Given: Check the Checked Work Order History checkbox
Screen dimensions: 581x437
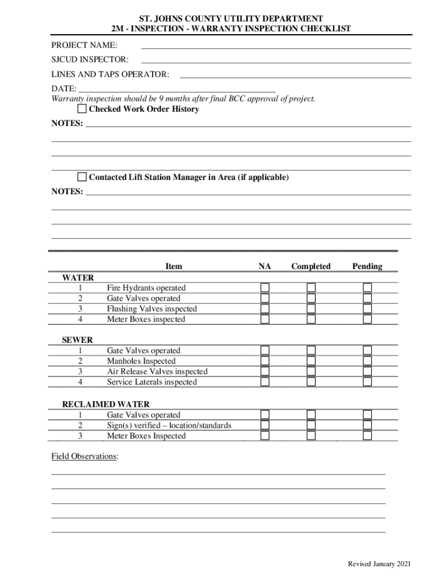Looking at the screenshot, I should coord(82,109).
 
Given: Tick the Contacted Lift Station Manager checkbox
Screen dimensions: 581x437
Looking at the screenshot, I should coord(82,177).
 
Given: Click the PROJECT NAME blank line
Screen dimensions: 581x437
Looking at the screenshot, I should coord(276,44).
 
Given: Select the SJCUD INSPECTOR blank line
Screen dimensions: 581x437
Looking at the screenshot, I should coord(276,59).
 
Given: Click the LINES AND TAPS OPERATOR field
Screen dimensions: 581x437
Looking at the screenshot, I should coord(295,74).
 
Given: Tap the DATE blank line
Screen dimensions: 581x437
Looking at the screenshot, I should coord(177,89).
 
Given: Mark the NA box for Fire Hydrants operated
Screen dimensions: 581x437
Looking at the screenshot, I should coord(265,288).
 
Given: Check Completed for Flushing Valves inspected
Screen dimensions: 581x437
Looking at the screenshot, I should coord(311,309).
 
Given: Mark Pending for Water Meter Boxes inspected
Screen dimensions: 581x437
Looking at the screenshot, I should coord(367,319).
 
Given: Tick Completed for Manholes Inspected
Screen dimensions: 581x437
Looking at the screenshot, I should coord(311,361).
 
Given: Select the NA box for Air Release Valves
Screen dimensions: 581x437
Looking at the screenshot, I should coord(265,372).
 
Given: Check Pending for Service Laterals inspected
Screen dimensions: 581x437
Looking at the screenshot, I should coord(367,382).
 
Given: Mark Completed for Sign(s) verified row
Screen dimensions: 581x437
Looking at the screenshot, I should coord(311,426).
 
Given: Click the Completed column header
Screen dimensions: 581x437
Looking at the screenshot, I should coord(311,266).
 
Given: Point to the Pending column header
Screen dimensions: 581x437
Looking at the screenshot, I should coord(367,266).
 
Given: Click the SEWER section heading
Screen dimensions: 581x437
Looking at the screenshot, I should coord(77,340).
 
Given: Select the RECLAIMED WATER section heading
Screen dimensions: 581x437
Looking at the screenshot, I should coord(106,405).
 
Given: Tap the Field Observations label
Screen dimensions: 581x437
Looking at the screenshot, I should coord(85,456).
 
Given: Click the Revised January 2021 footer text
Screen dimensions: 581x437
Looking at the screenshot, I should coord(379,563).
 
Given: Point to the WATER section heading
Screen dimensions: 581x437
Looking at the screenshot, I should coord(78,277).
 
